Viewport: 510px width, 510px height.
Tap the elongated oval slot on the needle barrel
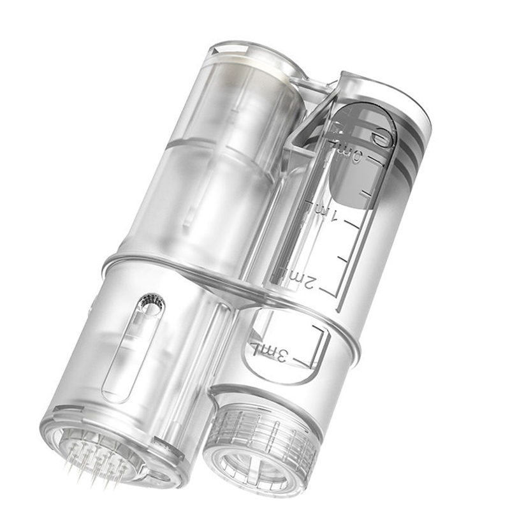click(x=131, y=351)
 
